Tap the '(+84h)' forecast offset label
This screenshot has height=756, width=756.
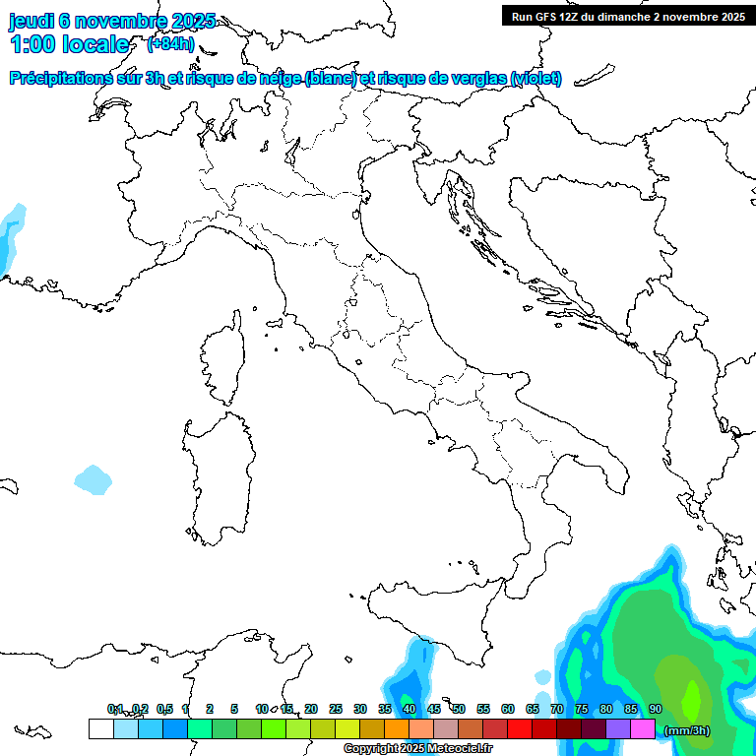click(x=170, y=44)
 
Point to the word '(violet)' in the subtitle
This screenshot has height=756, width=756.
click(x=536, y=79)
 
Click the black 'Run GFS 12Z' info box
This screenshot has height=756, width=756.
click(x=628, y=16)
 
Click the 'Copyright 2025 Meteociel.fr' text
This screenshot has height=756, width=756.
click(x=418, y=749)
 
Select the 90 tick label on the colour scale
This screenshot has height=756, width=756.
click(x=656, y=709)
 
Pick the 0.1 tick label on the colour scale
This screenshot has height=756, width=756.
click(x=115, y=709)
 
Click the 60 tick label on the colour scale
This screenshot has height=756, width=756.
click(x=508, y=709)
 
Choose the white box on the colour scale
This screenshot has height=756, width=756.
click(x=100, y=728)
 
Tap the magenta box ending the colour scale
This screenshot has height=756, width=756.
click(x=643, y=728)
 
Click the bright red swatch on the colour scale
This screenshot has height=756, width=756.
click(x=519, y=728)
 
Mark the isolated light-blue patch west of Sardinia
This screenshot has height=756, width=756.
click(x=93, y=479)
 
